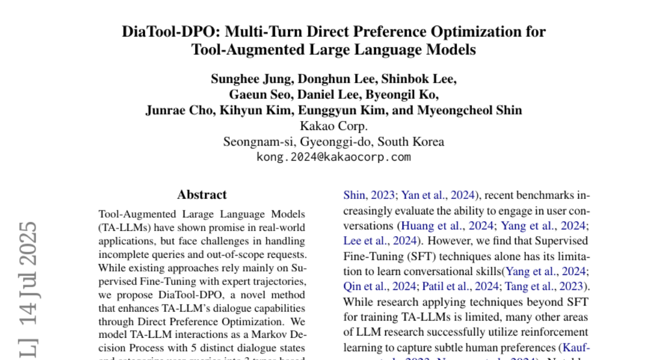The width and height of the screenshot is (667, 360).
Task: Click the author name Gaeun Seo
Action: coord(255,94)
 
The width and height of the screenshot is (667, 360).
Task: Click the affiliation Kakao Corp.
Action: coord(333,126)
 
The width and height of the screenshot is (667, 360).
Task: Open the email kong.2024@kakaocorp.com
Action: coord(333,157)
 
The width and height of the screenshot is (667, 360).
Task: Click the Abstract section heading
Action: coord(202,194)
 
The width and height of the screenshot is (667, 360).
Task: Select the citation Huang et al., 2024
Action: coord(447,226)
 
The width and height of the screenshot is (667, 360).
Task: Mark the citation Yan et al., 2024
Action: coord(438,194)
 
